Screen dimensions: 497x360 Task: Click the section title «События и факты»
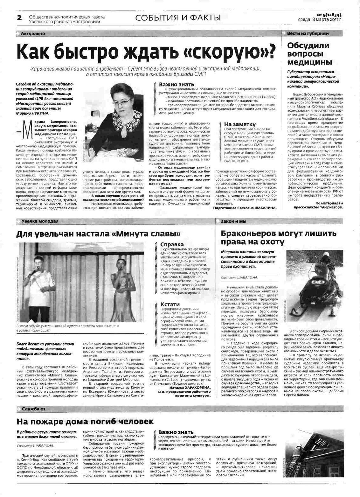pos(178,17)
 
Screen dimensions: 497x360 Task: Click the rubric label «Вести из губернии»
pos(308,33)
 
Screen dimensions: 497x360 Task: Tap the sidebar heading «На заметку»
pos(240,124)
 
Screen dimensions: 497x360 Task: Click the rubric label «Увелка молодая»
pos(40,221)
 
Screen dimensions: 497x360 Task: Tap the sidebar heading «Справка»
pos(172,244)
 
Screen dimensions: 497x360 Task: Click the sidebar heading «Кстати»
pos(170,304)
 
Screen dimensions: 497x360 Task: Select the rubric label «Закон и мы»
pos(233,221)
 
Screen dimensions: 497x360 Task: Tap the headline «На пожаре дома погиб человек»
pos(85,422)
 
